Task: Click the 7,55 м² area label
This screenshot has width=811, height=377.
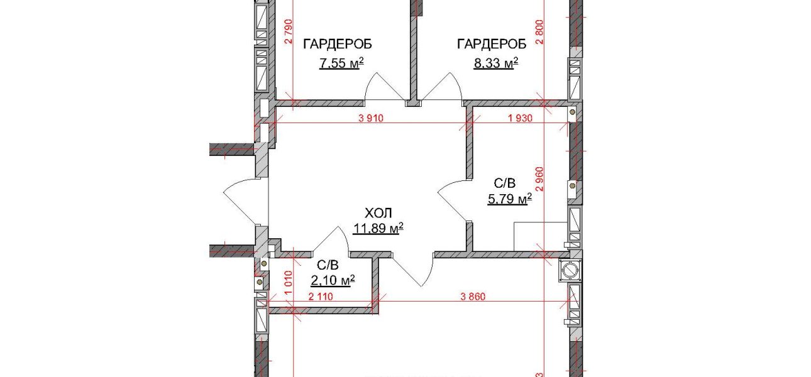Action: tap(341, 63)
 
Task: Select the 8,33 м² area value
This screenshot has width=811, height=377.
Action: tap(496, 63)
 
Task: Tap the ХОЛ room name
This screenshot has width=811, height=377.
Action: tap(378, 213)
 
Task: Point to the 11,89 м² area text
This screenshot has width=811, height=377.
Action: tap(378, 229)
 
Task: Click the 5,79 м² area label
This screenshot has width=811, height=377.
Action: tap(510, 199)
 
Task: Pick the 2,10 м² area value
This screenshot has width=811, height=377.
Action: tap(333, 280)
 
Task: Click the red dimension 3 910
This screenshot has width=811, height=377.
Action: tap(371, 118)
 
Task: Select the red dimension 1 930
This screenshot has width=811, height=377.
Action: tap(521, 118)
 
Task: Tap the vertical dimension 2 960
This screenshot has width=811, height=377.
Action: tap(540, 178)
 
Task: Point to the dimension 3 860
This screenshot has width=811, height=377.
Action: tap(473, 297)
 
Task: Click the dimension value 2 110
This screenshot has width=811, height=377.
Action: tap(321, 297)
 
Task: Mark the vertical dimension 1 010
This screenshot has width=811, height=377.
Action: tap(288, 283)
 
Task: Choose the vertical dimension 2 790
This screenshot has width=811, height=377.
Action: tap(288, 31)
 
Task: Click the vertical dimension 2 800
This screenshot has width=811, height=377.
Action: tap(540, 31)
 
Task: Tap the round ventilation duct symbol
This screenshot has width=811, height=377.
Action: tap(570, 270)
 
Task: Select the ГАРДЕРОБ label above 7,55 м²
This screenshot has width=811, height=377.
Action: tap(338, 44)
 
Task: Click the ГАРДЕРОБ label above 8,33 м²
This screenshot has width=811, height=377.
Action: tap(492, 44)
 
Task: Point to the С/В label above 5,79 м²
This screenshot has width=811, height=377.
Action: tap(505, 183)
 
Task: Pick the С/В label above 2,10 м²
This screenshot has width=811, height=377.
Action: tap(328, 265)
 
